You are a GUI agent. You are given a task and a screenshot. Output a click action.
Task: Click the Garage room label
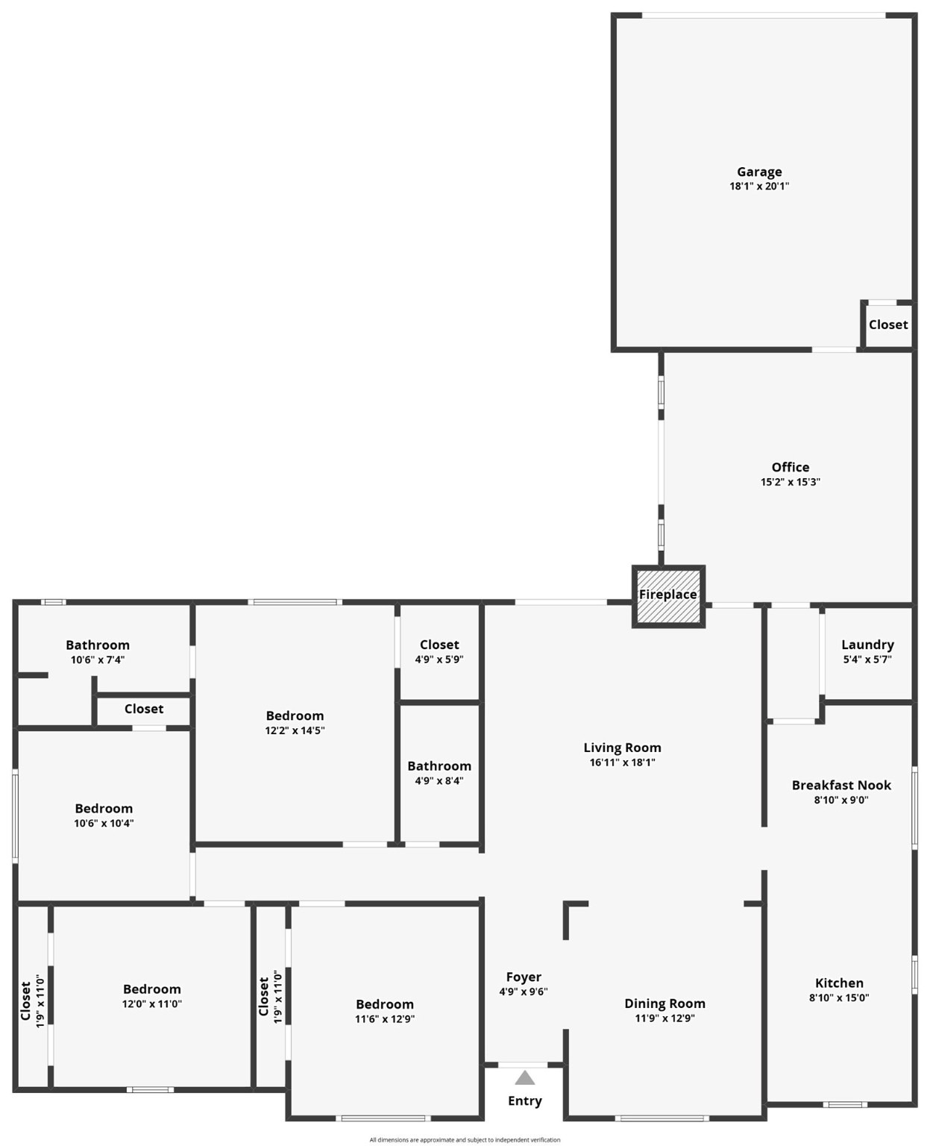tap(759, 172)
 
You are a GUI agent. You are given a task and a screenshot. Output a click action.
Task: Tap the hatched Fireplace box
tap(668, 595)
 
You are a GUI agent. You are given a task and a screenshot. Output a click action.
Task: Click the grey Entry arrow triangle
tap(525, 1078)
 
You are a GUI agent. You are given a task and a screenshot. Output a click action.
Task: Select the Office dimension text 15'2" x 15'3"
tap(790, 482)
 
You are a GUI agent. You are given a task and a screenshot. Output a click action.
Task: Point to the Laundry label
tap(867, 645)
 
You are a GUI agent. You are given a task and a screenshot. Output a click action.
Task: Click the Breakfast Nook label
tap(841, 785)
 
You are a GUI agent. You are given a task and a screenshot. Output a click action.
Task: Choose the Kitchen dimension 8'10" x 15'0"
tap(839, 998)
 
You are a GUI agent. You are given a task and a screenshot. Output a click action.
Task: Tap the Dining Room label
tap(664, 1003)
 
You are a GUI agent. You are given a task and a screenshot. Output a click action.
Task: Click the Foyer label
tap(524, 977)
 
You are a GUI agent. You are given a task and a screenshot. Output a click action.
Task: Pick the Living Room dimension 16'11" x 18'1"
tap(622, 763)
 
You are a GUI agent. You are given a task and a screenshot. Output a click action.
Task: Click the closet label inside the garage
tap(888, 325)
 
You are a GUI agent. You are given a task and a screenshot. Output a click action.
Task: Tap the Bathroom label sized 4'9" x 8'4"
tap(439, 766)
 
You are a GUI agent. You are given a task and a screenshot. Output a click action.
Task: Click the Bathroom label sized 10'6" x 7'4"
tap(98, 645)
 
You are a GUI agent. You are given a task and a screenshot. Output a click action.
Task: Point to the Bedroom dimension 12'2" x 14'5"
tap(295, 730)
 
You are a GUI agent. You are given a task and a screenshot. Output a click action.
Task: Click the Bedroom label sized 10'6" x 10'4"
tap(104, 809)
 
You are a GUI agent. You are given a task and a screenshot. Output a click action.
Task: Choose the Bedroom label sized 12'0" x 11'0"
tap(152, 989)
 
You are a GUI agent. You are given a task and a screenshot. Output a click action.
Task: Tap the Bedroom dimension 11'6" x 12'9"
tap(385, 1019)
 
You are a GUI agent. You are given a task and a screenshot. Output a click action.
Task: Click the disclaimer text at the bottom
tap(465, 1140)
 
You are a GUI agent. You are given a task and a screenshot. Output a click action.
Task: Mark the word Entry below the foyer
tap(525, 1101)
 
